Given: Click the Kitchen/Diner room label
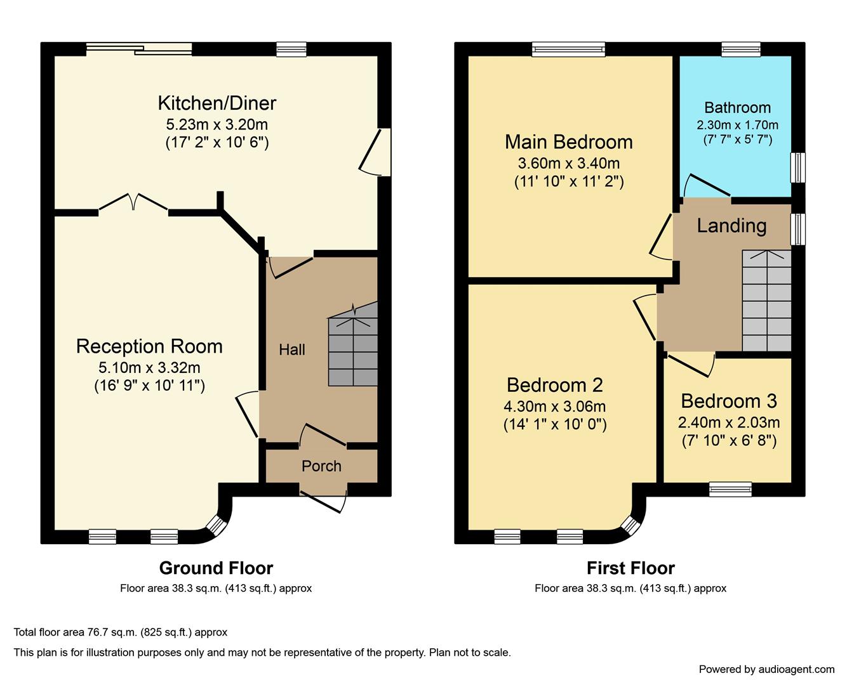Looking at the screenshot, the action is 217,103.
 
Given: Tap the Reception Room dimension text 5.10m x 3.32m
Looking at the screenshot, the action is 149,368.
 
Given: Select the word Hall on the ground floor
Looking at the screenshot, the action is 292,350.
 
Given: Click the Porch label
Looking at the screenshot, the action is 321,466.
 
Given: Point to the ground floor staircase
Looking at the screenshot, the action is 353,344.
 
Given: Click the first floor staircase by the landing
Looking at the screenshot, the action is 766,301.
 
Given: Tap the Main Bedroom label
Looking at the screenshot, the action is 569,142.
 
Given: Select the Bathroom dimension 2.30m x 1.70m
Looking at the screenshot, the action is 737,125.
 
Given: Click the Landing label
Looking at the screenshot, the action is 731,226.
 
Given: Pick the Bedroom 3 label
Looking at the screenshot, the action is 729,401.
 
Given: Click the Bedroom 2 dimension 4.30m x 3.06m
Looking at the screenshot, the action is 555,406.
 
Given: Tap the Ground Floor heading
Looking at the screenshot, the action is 216,568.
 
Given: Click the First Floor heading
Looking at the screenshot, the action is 630,568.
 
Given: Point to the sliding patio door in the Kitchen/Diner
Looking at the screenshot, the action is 139,49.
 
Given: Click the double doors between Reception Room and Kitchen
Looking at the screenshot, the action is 133,202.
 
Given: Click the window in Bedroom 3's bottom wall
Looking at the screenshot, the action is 730,490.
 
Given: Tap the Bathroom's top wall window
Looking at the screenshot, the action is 741,49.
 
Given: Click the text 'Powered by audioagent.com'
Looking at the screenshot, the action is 766,670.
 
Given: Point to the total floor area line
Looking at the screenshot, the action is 121,632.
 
